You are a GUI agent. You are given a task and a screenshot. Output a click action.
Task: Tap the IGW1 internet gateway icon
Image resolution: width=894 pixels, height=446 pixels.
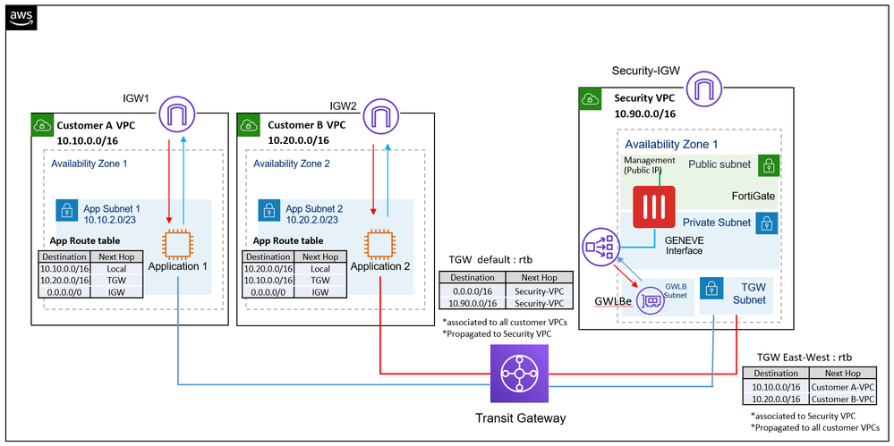(x=177, y=117)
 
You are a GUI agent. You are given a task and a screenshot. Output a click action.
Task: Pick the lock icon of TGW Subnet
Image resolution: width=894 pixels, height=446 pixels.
(x=711, y=289)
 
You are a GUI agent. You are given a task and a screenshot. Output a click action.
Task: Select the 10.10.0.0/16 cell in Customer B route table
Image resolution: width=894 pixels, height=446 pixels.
(x=268, y=280)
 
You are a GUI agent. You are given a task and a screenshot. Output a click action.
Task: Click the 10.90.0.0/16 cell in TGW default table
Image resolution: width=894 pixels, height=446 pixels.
(x=473, y=303)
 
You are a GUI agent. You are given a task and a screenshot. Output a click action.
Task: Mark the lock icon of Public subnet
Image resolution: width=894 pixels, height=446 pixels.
(x=767, y=165)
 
